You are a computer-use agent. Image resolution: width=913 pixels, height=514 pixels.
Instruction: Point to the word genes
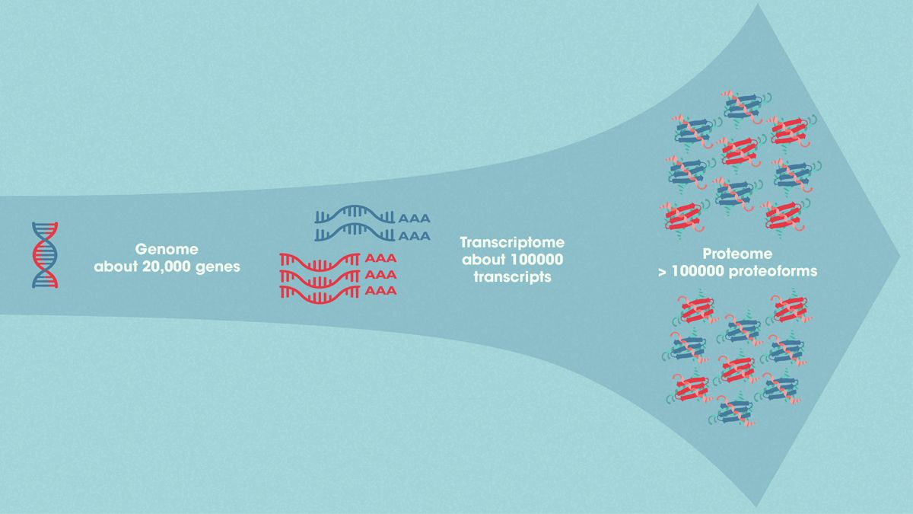(x=221, y=267)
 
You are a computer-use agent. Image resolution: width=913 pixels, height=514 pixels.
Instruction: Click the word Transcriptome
(x=511, y=243)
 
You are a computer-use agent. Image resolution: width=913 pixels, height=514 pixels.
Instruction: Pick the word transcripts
(x=511, y=277)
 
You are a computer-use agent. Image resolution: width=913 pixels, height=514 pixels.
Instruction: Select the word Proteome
(x=736, y=254)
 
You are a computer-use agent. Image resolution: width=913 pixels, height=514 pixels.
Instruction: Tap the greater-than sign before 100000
(x=663, y=272)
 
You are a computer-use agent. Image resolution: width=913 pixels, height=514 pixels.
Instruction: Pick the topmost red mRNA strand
(x=320, y=259)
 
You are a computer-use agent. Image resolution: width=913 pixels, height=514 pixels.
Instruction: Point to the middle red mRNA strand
(x=320, y=275)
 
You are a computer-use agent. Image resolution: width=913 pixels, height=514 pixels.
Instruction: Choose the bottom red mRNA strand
(x=320, y=291)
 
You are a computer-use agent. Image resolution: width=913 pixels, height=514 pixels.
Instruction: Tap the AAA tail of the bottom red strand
(x=381, y=291)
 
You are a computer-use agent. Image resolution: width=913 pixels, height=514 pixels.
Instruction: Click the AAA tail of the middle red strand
(x=381, y=275)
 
